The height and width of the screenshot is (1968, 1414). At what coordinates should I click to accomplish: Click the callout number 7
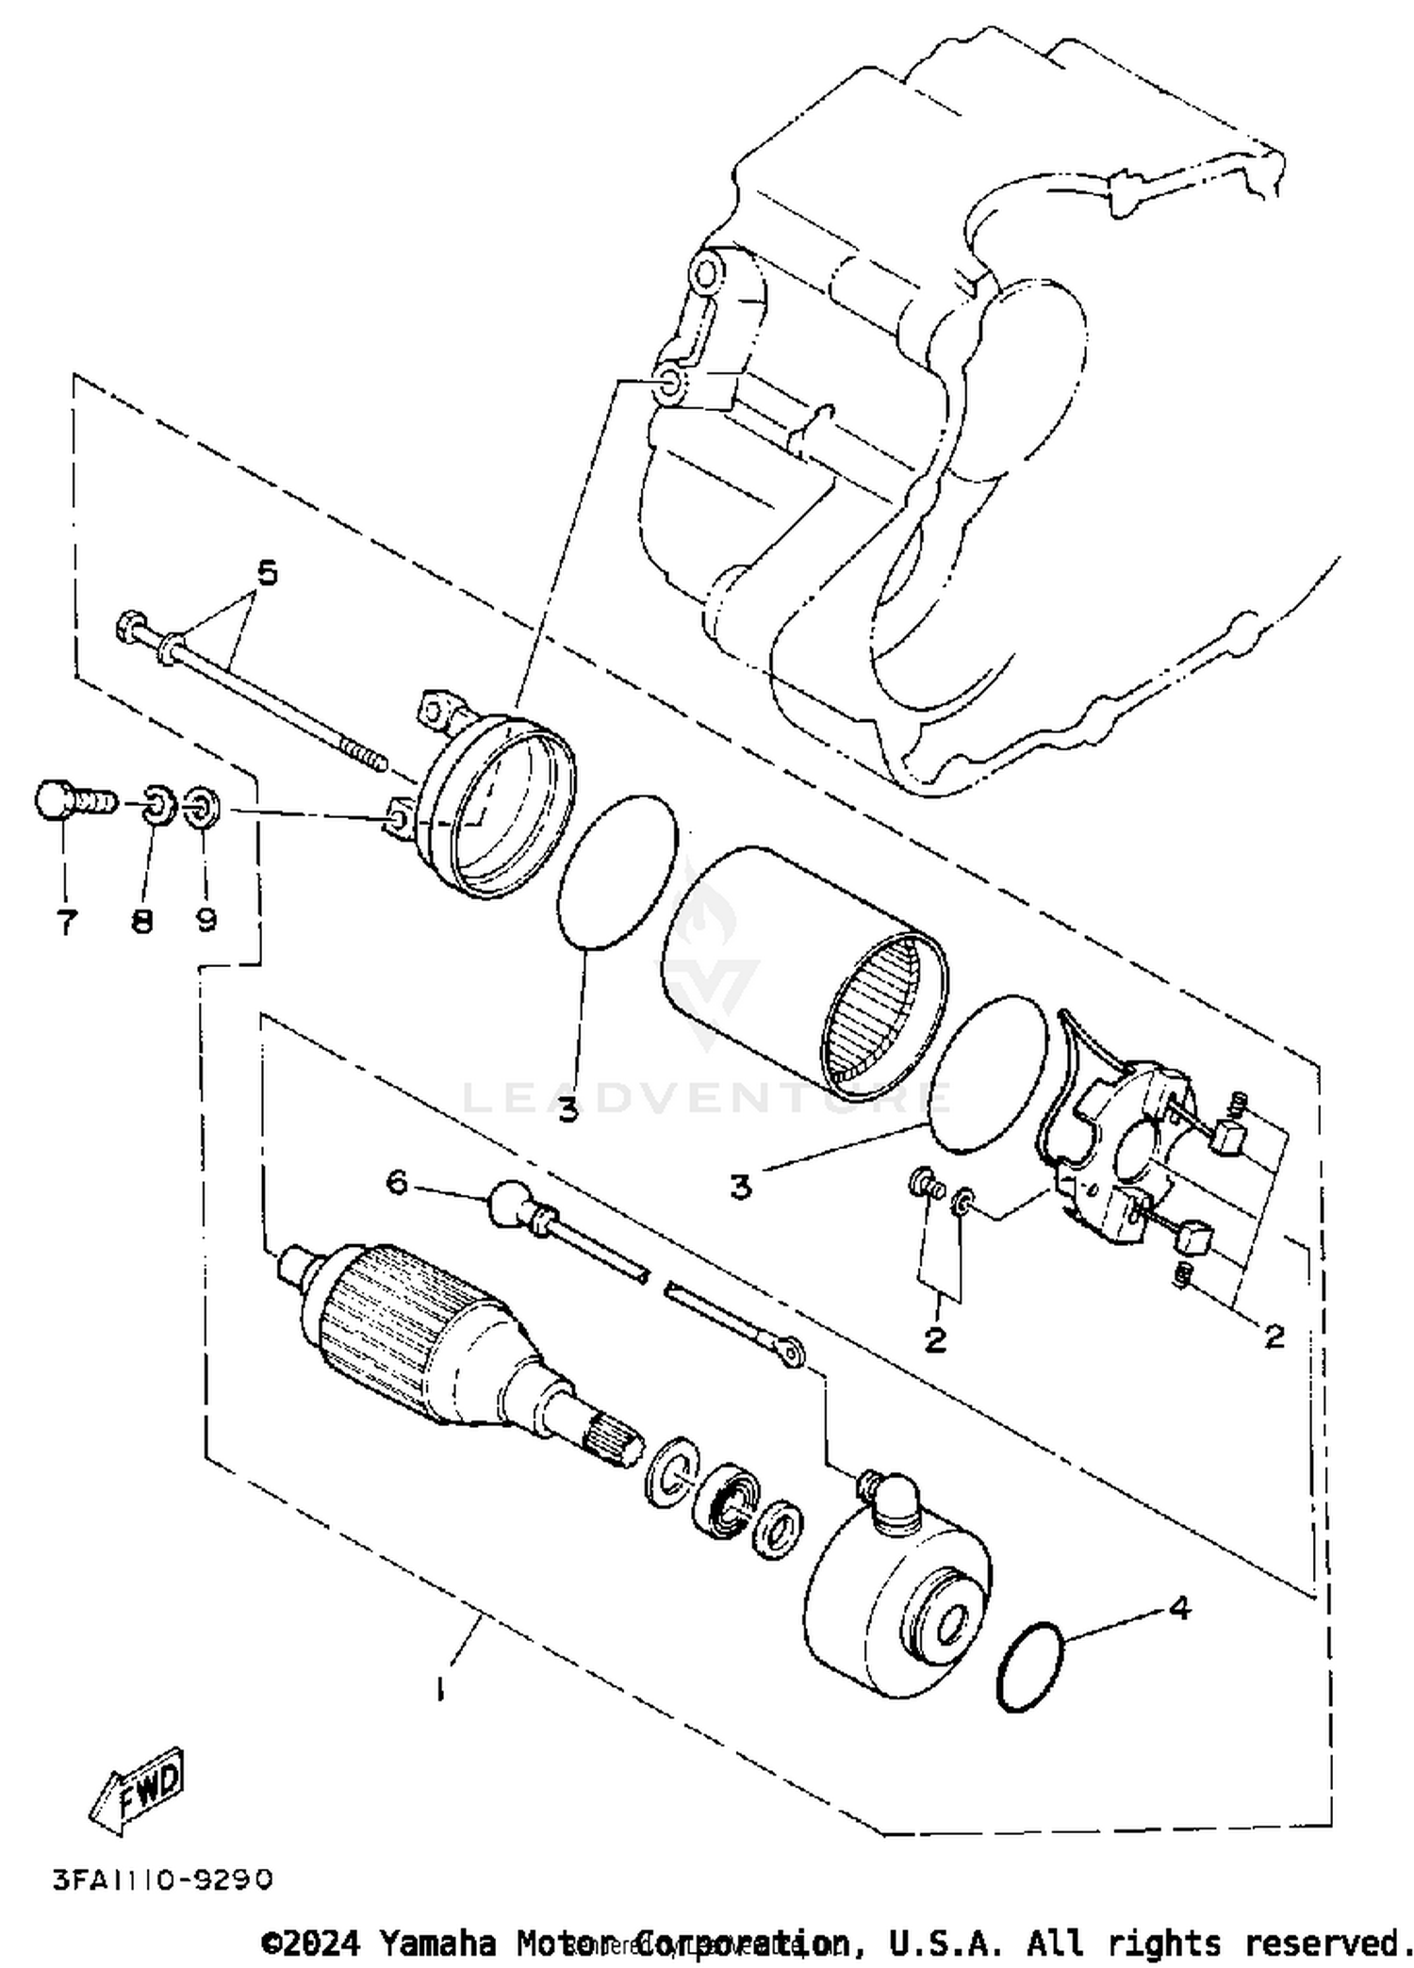pos(66,921)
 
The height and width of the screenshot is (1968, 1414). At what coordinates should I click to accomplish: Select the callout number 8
pos(142,921)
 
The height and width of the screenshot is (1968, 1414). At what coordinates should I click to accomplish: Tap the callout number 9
pos(206,919)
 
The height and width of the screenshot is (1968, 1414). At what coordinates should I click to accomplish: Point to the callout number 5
pos(268,572)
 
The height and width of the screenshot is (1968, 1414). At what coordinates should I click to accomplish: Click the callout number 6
pos(398,1182)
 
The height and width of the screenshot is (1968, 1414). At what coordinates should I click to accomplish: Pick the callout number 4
pos(1179,1607)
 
